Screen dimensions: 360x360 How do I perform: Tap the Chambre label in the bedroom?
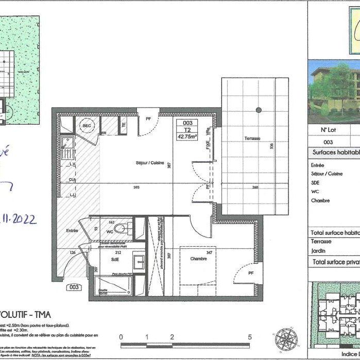198,259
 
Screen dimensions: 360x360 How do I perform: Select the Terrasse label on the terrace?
252,139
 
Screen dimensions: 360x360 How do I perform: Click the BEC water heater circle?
85,125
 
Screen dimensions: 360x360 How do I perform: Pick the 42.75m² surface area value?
188,137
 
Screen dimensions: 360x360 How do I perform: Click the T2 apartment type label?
187,130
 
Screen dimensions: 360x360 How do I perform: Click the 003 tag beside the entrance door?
75,287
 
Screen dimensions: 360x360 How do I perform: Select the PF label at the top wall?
148,118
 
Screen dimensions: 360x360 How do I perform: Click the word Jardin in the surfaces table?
318,251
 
